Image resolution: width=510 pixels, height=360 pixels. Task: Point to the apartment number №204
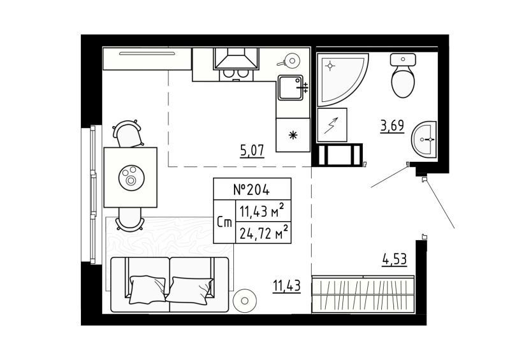pyautogui.click(x=251, y=189)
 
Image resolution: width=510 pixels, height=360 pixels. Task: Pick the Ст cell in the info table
pyautogui.click(x=224, y=222)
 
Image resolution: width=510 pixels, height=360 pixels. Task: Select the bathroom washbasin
pyautogui.click(x=423, y=138)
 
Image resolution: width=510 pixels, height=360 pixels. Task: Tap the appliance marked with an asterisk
pyautogui.click(x=293, y=134)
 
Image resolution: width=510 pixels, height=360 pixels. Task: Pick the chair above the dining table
pyautogui.click(x=127, y=134)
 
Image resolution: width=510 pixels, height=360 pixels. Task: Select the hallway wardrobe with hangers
pyautogui.click(x=362, y=294)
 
